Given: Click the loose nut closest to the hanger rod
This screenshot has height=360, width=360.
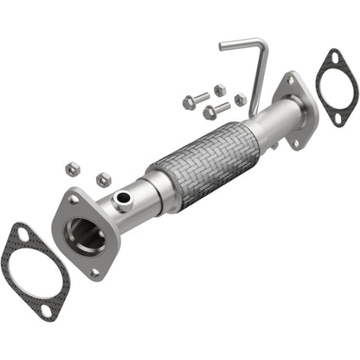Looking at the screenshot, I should (x=240, y=100).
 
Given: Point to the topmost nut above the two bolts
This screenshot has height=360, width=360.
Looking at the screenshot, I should (x=219, y=89).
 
